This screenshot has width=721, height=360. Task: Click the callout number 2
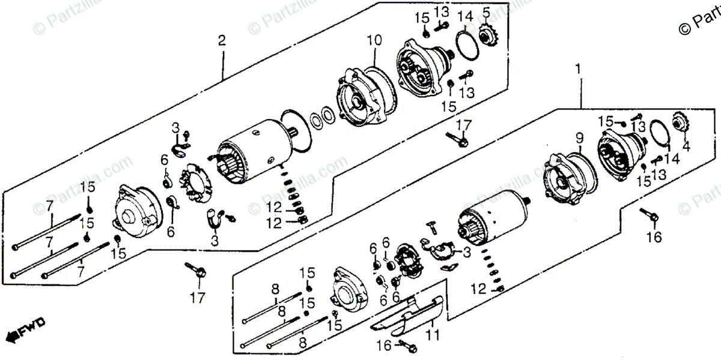coord(222,41)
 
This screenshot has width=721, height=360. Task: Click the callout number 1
coord(579,69)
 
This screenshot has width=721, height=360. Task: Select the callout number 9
coord(580,138)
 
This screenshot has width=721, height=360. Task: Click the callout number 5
coord(485,12)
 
